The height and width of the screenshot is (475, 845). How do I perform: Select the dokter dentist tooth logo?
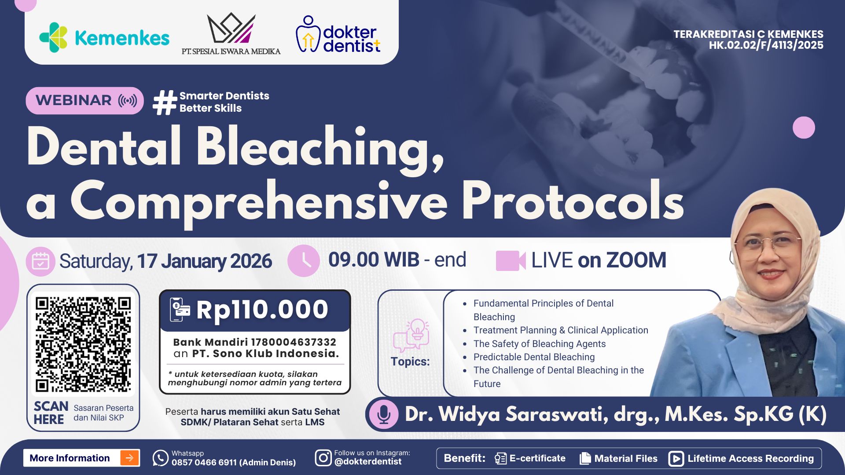[x=308, y=34]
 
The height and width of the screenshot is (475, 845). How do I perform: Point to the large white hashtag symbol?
[x=164, y=102]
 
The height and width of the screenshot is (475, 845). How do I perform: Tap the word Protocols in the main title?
[x=572, y=201]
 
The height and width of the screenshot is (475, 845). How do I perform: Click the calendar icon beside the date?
[x=40, y=261]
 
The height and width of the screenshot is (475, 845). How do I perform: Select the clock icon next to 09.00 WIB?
[x=304, y=260]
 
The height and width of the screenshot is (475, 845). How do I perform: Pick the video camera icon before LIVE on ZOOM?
[x=511, y=260]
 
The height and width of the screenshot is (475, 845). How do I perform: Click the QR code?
[x=83, y=344]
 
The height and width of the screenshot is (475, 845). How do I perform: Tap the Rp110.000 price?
[x=262, y=310]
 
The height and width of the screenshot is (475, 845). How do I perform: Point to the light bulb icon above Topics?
[x=417, y=330]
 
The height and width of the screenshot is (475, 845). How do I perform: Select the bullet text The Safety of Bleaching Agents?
[x=539, y=344]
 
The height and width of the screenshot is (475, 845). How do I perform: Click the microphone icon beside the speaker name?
[x=383, y=414]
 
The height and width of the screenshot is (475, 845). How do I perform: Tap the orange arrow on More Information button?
[x=129, y=458]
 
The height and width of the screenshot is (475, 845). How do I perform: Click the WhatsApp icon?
[x=161, y=458]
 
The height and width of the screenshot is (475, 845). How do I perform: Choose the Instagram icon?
[x=323, y=458]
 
